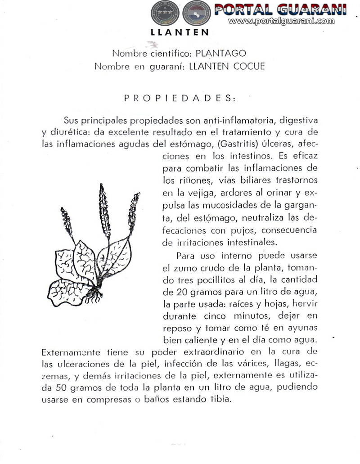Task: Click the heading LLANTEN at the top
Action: (x=180, y=32)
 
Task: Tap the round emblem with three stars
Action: (x=164, y=14)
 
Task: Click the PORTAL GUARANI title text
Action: (x=280, y=9)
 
